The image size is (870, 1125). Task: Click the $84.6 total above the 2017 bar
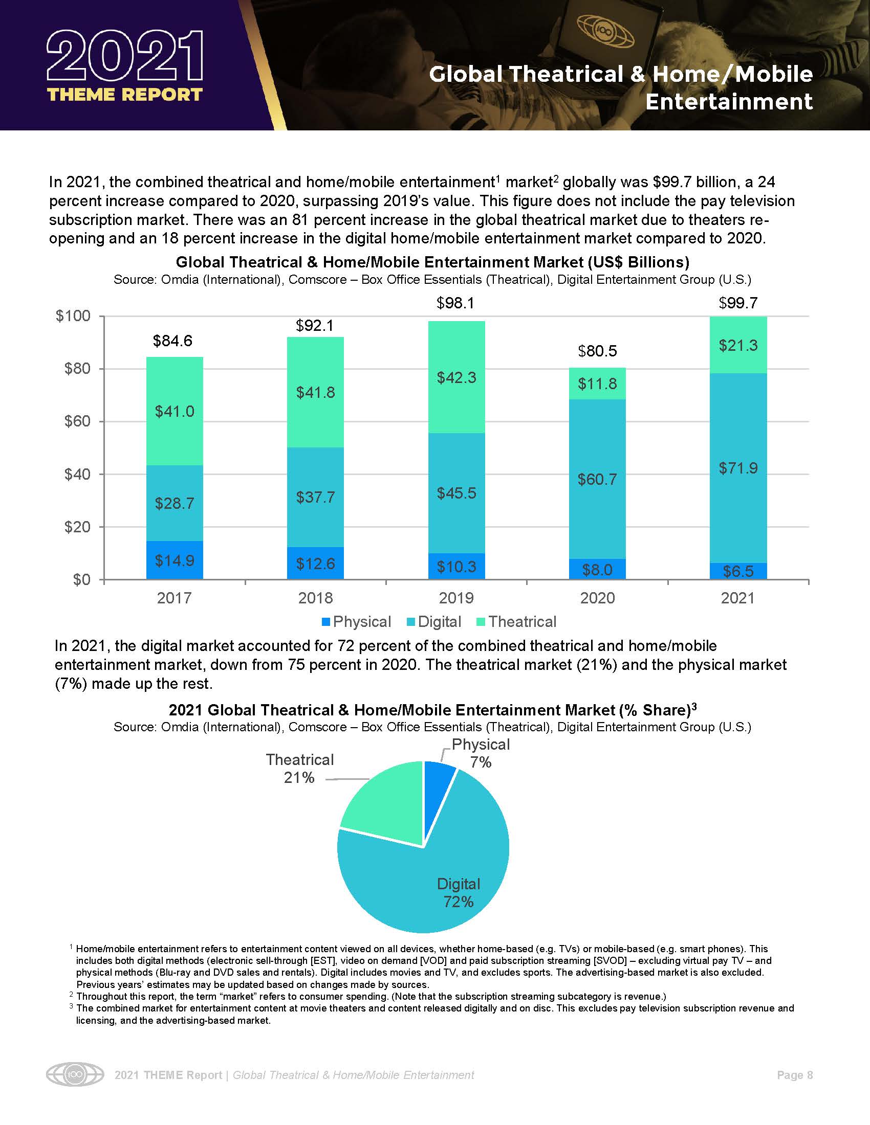(172, 341)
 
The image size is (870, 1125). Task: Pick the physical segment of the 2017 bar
(175, 560)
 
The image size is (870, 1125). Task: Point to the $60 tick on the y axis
(77, 422)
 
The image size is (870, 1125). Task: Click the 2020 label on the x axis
(597, 598)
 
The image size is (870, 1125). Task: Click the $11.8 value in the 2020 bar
(597, 384)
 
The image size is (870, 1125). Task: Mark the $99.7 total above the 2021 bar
(738, 303)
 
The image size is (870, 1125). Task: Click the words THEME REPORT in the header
(125, 95)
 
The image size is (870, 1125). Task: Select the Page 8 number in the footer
(794, 1075)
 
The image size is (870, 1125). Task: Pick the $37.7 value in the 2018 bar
(315, 497)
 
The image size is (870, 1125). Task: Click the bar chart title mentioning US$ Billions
(432, 262)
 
